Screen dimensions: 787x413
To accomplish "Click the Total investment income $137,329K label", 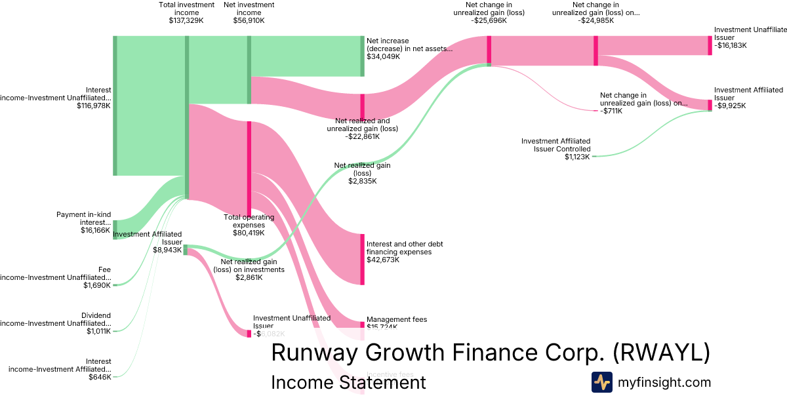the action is click(186, 12).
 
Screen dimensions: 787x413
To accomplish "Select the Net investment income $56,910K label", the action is click(249, 12).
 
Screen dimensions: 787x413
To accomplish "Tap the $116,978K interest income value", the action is click(94, 106).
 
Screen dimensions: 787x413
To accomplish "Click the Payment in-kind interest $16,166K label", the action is click(83, 222).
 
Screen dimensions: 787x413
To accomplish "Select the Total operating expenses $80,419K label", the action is click(249, 225).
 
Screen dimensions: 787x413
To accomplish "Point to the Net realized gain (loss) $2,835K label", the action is click(362, 173).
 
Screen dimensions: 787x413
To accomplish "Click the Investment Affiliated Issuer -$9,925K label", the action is click(748, 98).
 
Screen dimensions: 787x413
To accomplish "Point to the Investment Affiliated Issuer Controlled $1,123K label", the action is click(555, 149).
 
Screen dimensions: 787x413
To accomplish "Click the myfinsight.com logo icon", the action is click(601, 382).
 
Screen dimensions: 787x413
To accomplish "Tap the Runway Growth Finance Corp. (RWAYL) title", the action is click(490, 353).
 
